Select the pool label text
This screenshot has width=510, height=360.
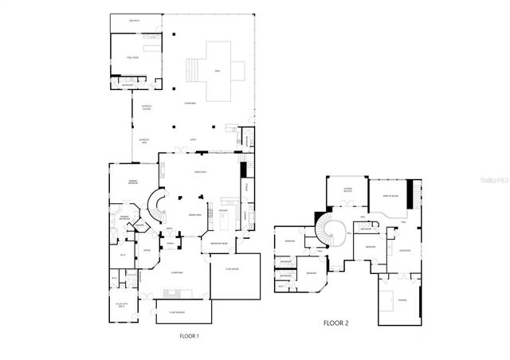[217, 72]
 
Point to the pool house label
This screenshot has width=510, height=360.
[133, 58]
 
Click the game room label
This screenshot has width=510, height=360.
[404, 248]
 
